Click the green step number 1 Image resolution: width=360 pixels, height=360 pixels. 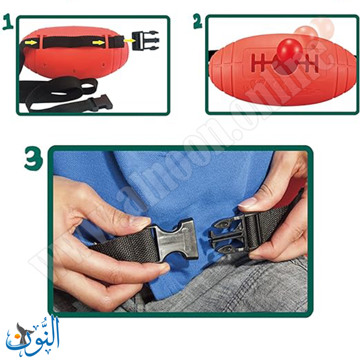point(8,22)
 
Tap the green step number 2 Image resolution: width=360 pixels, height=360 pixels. point(197,21)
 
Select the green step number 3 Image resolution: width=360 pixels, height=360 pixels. point(34,158)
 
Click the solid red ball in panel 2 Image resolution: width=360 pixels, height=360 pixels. point(290,50)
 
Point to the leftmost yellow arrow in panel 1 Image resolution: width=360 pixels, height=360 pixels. point(31,42)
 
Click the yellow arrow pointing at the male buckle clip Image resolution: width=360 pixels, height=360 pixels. point(128,41)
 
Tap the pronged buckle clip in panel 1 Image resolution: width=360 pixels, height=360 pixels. point(146,41)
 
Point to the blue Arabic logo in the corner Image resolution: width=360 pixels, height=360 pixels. point(33,335)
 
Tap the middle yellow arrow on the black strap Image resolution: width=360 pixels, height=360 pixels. point(99,42)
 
